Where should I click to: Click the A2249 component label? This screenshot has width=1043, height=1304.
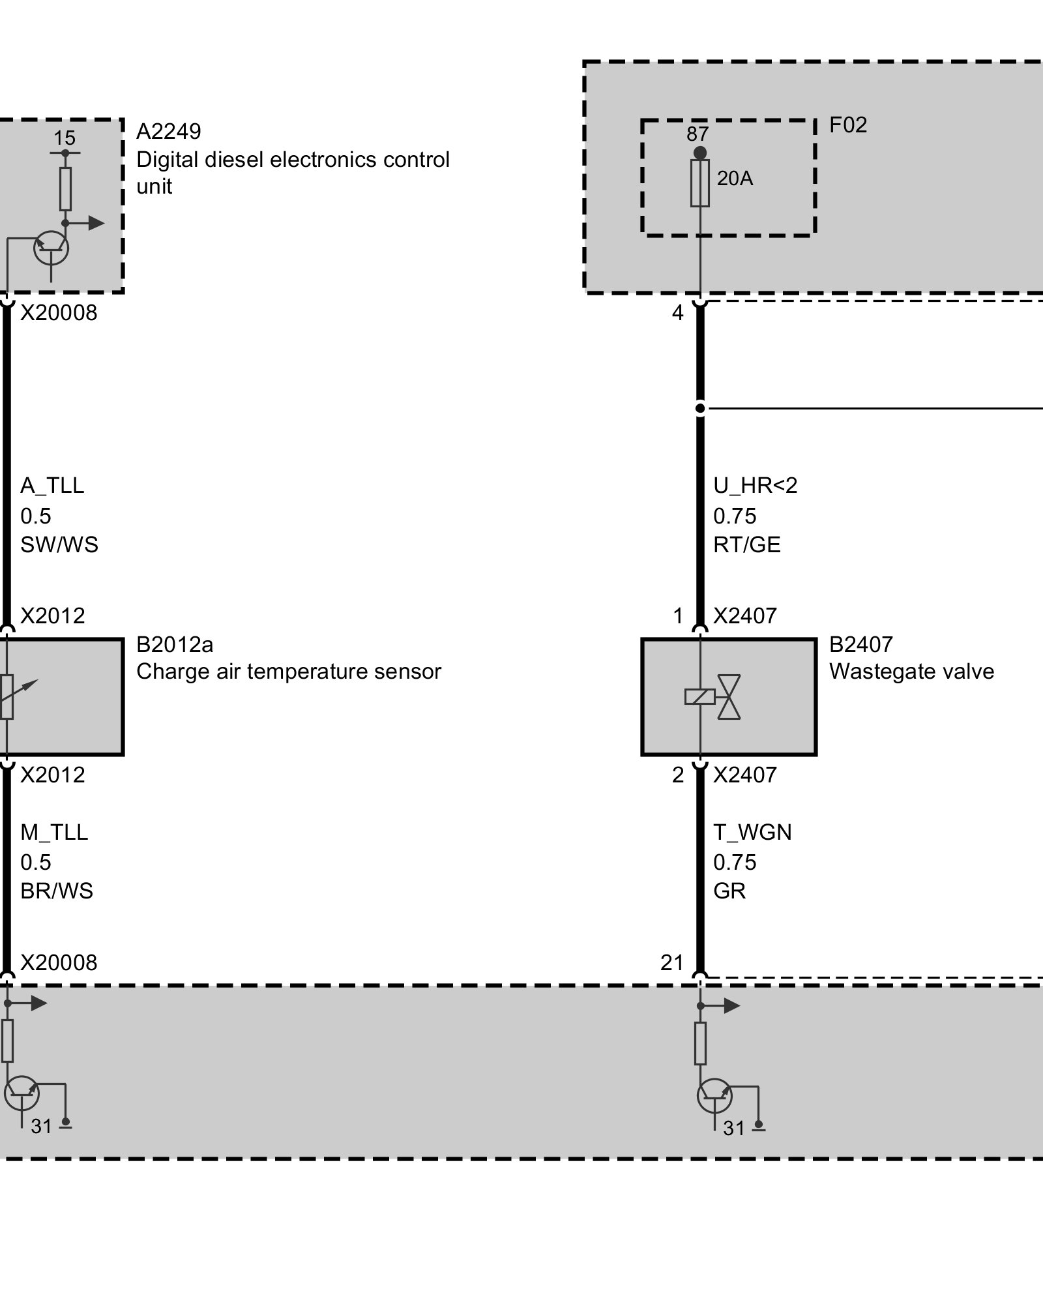168,132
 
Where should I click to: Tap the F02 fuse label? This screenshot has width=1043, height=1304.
847,125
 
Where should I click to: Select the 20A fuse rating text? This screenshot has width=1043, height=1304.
735,178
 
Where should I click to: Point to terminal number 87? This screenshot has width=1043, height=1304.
697,134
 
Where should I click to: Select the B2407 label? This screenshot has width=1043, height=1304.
860,644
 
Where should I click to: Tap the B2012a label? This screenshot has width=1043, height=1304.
174,644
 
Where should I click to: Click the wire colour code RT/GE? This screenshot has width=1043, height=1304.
746,544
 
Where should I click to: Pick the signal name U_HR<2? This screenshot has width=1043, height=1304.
755,486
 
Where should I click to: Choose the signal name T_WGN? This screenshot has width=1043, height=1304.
752,833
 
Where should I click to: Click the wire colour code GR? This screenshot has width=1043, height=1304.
729,891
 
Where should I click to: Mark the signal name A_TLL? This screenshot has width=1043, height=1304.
52,486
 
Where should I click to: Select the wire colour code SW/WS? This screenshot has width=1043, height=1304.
59,544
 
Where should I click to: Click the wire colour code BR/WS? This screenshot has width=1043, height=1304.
57,891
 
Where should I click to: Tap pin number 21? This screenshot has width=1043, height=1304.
671,962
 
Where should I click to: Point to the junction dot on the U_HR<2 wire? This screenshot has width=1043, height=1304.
700,409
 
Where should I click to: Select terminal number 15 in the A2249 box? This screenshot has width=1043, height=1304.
64,138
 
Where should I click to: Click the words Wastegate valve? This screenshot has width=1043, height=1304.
911,672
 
